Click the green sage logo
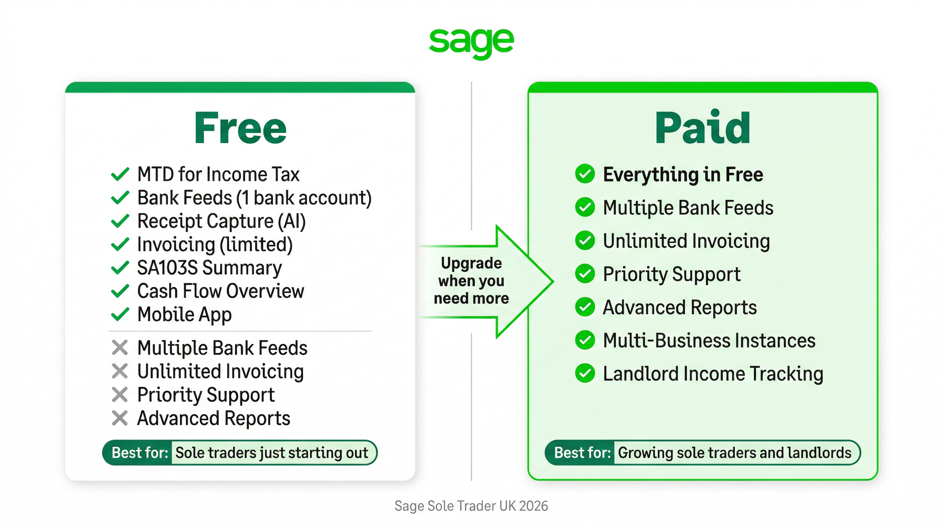472,43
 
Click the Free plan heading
240,128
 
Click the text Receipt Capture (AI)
221,221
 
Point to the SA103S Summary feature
209,268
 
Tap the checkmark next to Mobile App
120,314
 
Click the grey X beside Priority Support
120,395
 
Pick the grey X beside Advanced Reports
120,418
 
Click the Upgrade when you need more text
472,281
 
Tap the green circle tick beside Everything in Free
585,174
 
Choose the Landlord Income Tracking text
713,374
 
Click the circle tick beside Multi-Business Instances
585,340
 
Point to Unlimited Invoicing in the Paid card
686,241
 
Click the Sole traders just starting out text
272,453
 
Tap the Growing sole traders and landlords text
735,453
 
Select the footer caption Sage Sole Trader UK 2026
471,506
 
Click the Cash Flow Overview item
221,291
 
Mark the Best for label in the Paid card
583,453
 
